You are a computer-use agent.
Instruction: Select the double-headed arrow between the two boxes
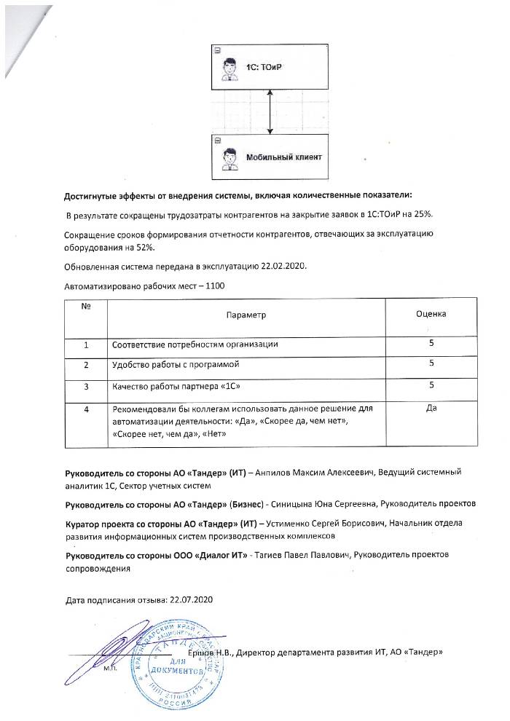pyautogui.click(x=270, y=111)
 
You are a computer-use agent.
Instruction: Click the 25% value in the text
pyautogui.click(x=425, y=214)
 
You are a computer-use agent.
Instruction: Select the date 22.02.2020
pyautogui.click(x=280, y=266)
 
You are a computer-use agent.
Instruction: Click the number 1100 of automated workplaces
pyautogui.click(x=215, y=286)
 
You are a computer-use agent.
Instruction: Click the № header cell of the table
pyautogui.click(x=85, y=307)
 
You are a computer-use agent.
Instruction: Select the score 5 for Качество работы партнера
pyautogui.click(x=431, y=385)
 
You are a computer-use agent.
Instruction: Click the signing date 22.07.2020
pyautogui.click(x=190, y=600)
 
